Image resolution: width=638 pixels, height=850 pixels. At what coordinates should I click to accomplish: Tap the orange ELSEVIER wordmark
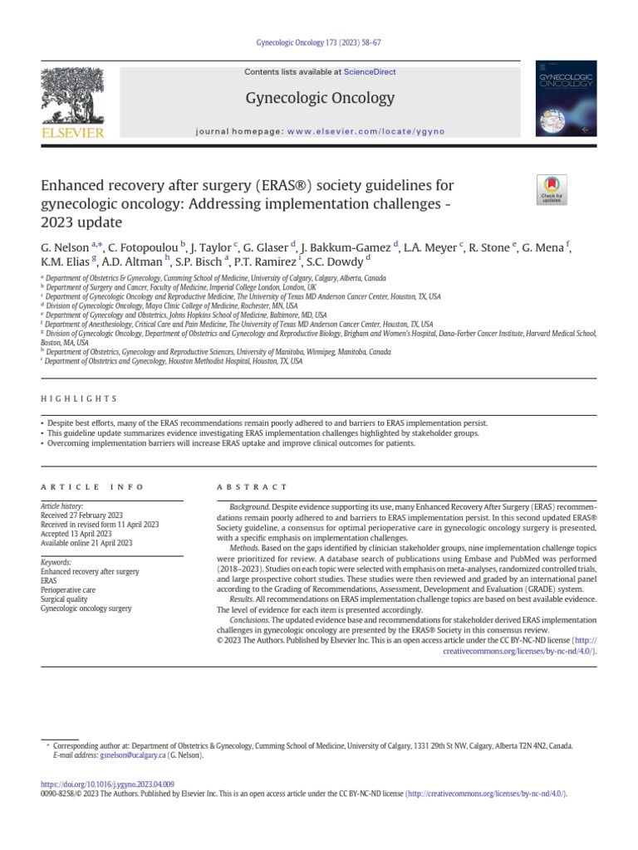point(72,132)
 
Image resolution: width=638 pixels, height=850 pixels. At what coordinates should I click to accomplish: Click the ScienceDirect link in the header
point(371,72)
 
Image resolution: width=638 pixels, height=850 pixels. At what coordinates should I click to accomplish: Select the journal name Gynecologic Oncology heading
point(320,99)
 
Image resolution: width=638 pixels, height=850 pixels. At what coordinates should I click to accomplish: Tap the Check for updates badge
point(550,190)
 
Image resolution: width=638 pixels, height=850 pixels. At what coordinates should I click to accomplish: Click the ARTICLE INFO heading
point(92,487)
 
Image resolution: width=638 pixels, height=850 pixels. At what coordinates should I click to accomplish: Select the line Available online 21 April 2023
point(86,543)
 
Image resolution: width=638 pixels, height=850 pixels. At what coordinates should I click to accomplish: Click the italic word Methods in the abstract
point(243,548)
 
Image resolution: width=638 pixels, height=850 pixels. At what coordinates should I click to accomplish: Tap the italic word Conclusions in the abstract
point(250,620)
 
